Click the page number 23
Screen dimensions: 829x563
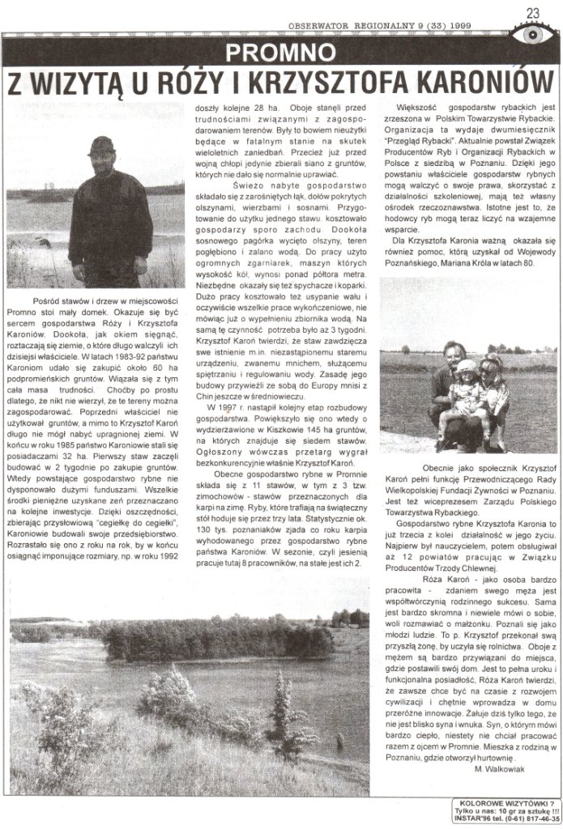[x=533, y=12]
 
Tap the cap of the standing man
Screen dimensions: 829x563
[x=101, y=145]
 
